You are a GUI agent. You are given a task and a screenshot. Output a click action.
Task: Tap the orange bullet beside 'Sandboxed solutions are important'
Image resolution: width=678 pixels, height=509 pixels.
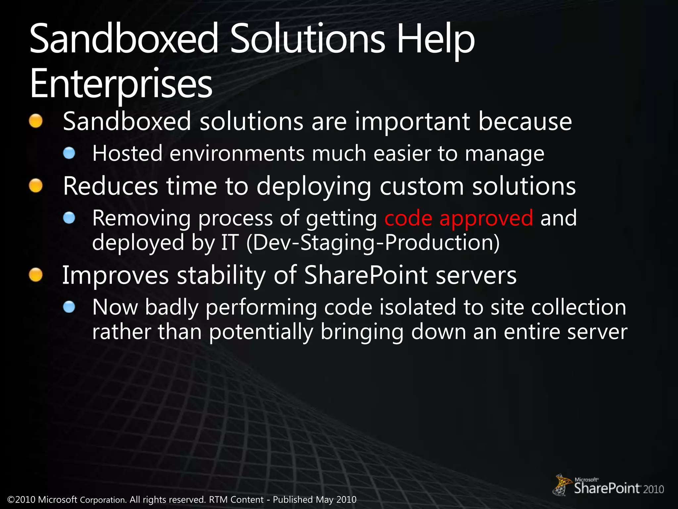36,121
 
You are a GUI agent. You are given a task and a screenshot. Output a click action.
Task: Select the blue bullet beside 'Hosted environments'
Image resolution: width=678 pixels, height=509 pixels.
69,153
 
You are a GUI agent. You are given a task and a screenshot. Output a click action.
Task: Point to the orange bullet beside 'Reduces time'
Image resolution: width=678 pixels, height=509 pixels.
36,186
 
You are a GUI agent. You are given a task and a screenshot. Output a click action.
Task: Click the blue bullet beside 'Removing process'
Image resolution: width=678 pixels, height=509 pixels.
69,218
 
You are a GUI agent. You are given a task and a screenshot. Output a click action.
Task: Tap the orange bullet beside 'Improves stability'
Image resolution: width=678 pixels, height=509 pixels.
36,275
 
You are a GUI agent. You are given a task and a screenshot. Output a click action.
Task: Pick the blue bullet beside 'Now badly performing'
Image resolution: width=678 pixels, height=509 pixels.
69,307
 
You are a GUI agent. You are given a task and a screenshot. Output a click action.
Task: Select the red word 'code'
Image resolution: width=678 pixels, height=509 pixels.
408,218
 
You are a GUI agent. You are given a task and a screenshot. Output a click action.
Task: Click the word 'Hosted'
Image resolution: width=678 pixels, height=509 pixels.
127,153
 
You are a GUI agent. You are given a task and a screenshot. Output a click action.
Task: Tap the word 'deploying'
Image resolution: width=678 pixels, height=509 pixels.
314,187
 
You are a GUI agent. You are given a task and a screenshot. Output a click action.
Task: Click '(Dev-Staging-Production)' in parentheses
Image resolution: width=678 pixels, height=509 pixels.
373,243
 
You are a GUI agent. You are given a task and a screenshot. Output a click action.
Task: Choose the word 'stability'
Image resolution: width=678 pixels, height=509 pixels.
221,275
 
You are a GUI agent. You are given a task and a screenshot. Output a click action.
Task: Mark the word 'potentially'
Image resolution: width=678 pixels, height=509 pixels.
261,332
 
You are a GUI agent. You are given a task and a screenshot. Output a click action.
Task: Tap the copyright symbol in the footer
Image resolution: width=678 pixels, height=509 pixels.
11,500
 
